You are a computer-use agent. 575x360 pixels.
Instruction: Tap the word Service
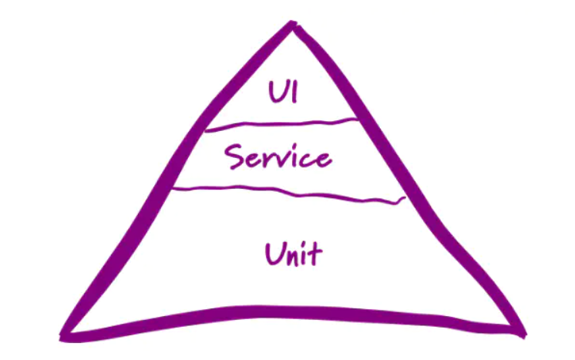click(277, 158)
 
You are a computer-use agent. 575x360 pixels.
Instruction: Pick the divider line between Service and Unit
click(285, 193)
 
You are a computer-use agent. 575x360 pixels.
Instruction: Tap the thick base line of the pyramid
click(293, 316)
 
